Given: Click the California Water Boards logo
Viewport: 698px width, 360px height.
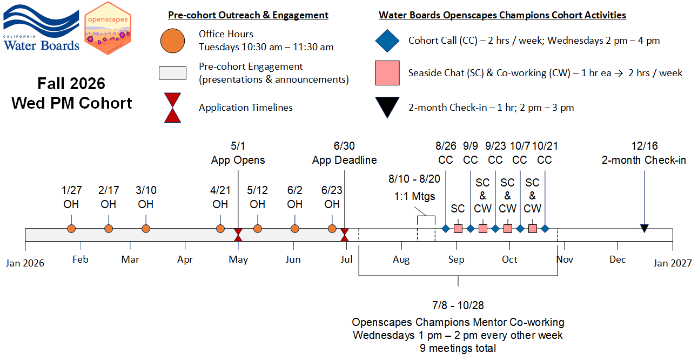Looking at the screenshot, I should (x=42, y=28).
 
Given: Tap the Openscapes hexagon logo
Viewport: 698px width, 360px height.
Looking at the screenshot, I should (x=108, y=28).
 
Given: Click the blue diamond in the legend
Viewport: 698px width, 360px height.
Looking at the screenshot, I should (x=387, y=41).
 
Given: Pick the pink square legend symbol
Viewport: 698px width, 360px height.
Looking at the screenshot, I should (x=387, y=73).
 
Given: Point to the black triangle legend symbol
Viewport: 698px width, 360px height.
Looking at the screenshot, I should (x=387, y=106).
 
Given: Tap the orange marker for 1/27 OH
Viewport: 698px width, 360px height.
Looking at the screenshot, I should (x=71, y=229).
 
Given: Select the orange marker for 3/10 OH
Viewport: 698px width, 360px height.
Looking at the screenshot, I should (x=146, y=229).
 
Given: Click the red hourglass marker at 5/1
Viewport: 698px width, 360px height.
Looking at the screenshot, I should (x=238, y=235).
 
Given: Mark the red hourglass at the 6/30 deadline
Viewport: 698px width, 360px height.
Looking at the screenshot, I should (x=344, y=235).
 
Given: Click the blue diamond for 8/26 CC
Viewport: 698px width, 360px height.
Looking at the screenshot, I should (x=446, y=229).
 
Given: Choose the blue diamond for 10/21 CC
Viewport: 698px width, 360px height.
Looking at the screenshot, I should (x=545, y=229).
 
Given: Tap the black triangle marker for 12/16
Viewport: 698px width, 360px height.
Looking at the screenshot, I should (x=644, y=229).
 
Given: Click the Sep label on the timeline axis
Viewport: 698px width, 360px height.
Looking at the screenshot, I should (x=456, y=259).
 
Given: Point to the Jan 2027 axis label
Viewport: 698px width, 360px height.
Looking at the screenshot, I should (x=672, y=263).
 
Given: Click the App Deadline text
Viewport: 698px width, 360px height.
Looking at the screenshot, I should (x=344, y=160).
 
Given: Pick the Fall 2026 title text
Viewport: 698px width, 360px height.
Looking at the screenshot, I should (x=71, y=84).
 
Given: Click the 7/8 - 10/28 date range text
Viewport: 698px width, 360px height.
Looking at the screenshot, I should (x=458, y=305).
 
